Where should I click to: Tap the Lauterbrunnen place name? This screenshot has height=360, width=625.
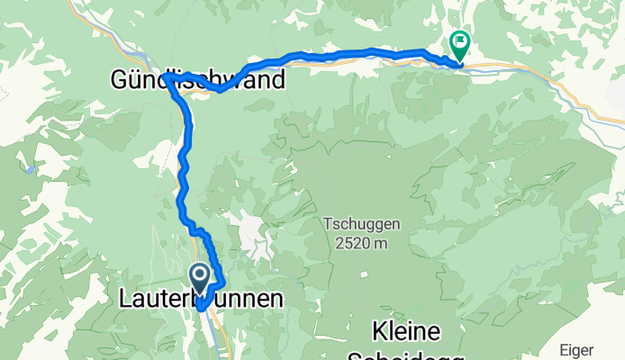point(201,300)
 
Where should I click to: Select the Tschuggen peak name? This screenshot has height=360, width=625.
point(358,223)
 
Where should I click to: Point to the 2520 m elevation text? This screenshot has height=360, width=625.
point(358,241)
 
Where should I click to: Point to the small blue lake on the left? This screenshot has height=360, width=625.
point(32,168)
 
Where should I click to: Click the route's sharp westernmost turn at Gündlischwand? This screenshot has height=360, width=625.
point(167,78)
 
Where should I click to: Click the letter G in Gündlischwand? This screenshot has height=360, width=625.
point(119,80)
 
